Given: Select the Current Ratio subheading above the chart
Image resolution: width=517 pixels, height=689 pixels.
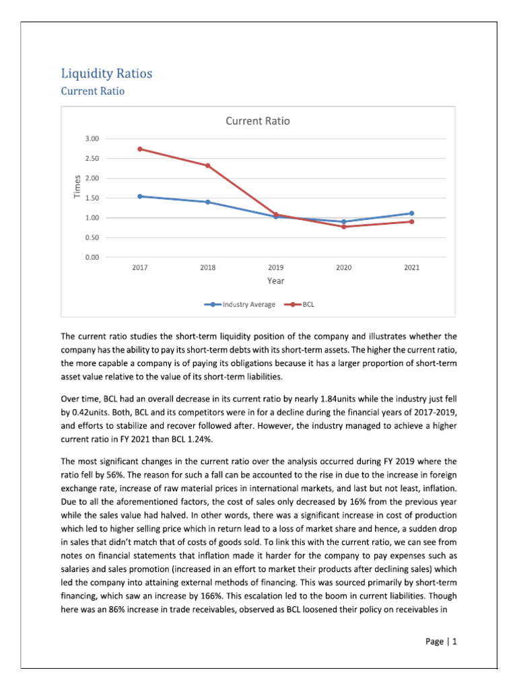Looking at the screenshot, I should click(92, 91).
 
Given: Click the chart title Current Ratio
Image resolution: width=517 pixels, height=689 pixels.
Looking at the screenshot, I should click(258, 121).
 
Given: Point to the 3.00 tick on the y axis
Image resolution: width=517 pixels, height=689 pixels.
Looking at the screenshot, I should click(92, 139).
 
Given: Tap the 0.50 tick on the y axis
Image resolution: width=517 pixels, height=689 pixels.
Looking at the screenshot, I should click(92, 238).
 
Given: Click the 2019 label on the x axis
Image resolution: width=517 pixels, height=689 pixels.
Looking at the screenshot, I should click(275, 268).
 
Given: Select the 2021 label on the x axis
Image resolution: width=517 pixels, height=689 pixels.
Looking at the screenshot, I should click(411, 268).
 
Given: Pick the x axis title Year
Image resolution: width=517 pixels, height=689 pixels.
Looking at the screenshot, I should click(275, 281).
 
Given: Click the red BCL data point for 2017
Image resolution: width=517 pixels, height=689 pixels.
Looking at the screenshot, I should click(139, 149).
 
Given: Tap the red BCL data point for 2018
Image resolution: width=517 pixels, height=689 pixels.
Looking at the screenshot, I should click(207, 166).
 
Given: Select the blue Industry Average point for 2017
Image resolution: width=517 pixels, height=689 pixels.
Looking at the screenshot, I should click(139, 196).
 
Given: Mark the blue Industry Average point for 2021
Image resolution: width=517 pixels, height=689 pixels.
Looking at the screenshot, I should click(411, 213).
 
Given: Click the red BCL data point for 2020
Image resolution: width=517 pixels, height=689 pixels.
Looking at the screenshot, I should click(343, 227).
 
